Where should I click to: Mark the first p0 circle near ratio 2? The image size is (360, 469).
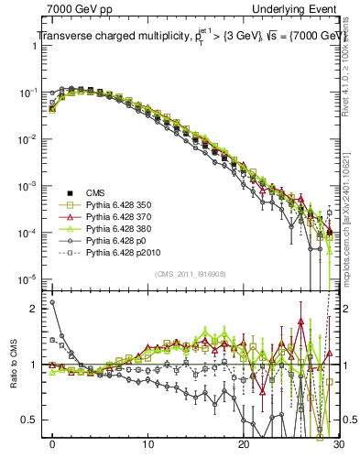coord(52,302)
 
